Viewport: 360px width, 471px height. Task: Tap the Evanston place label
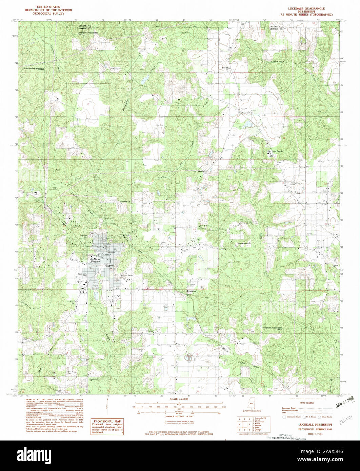tap(189, 291)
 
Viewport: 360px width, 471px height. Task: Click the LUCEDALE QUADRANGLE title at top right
tap(305, 8)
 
